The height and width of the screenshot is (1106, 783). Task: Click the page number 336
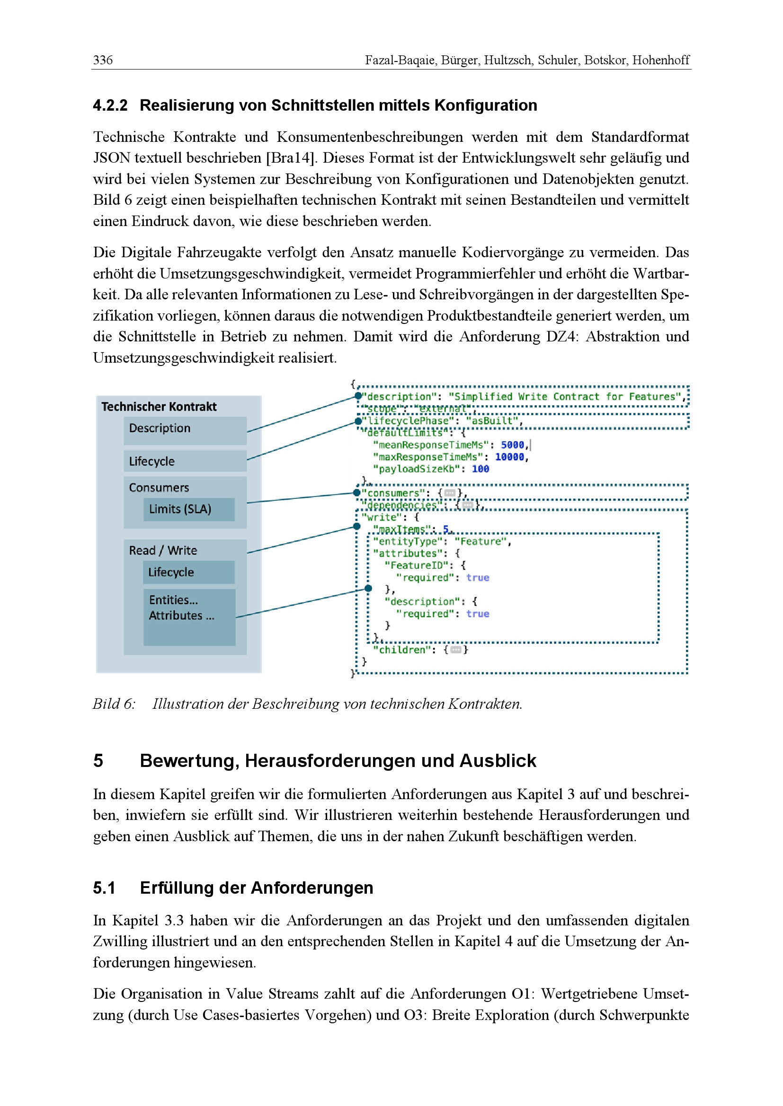(103, 60)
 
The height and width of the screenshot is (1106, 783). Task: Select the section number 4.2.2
(110, 105)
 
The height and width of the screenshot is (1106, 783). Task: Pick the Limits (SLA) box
(189, 509)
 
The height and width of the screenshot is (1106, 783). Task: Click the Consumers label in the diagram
(159, 488)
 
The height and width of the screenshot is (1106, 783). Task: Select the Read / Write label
(163, 550)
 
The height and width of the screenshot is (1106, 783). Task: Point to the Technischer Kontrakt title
(159, 407)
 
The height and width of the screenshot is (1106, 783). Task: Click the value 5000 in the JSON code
(512, 445)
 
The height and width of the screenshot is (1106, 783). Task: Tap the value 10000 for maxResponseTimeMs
(509, 457)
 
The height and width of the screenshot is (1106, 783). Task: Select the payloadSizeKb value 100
(480, 469)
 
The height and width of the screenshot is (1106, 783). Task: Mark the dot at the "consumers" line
(357, 492)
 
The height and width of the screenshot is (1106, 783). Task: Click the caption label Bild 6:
(114, 704)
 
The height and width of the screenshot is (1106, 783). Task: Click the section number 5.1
(104, 888)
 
